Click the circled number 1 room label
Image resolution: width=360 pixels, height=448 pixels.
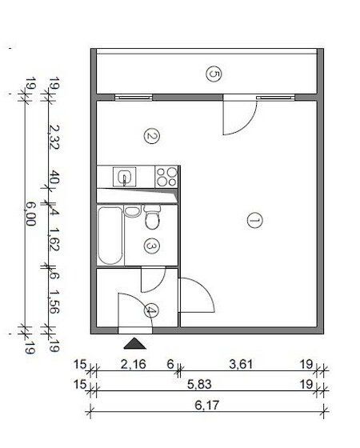click(x=254, y=220)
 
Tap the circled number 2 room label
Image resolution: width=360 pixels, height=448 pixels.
click(x=151, y=136)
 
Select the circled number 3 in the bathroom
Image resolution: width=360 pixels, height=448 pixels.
click(x=151, y=246)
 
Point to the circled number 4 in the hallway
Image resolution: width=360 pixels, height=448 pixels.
click(x=151, y=310)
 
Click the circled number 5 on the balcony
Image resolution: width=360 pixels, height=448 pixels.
click(x=214, y=74)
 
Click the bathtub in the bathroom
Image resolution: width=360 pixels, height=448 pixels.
click(x=110, y=236)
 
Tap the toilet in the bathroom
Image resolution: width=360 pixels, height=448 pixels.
click(x=152, y=217)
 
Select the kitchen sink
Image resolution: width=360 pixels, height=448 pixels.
click(x=124, y=177)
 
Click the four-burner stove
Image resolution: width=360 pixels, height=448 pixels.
click(x=166, y=177)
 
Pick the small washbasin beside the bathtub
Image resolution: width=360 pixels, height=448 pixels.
click(x=132, y=211)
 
